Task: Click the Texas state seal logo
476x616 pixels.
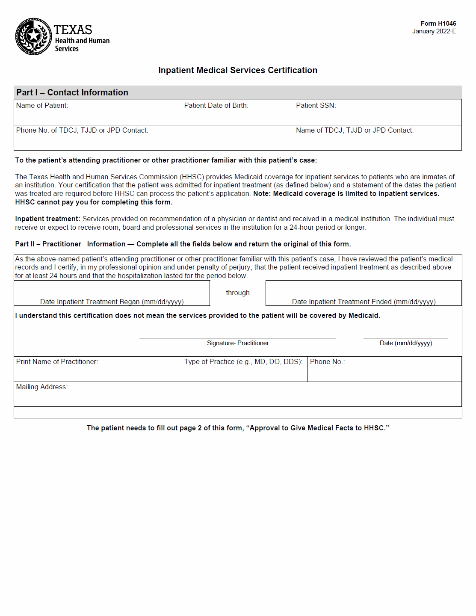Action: click(x=33, y=36)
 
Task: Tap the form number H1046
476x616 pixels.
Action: click(x=438, y=24)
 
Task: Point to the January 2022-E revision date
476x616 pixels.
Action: click(x=434, y=31)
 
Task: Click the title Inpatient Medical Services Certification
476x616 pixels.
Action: click(x=238, y=70)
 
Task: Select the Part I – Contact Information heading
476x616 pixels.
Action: click(x=72, y=92)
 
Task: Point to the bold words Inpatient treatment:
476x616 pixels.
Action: click(x=47, y=219)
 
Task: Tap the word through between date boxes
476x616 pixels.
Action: click(x=238, y=293)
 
